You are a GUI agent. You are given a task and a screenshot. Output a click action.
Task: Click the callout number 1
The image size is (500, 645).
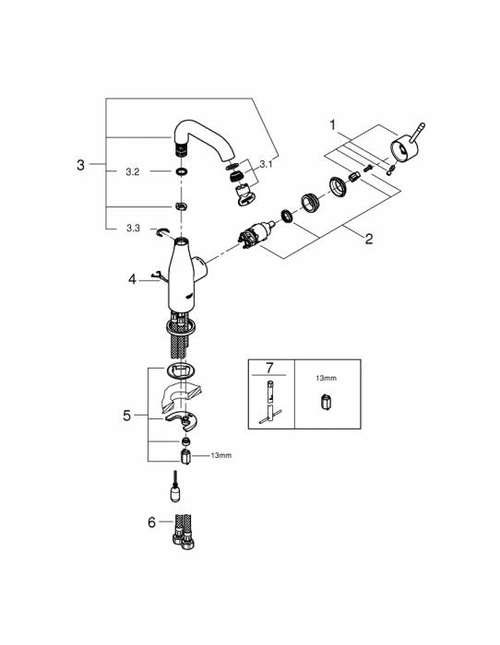pyautogui.click(x=333, y=124)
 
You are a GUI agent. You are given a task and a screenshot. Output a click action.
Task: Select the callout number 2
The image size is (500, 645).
pyautogui.click(x=369, y=238)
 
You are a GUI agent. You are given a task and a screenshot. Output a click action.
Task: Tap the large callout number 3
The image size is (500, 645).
pyautogui.click(x=81, y=165)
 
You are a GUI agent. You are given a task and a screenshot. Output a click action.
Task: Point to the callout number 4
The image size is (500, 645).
pyautogui.click(x=132, y=280)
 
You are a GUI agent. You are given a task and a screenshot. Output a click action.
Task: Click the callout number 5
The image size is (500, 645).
pyautogui.click(x=127, y=416)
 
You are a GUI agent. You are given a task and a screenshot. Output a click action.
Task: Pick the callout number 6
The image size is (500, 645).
pyautogui.click(x=152, y=522)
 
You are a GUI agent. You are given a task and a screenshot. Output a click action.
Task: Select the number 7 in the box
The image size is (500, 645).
pyautogui.click(x=269, y=368)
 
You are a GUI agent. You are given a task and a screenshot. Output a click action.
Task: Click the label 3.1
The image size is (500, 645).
pyautogui.click(x=266, y=165)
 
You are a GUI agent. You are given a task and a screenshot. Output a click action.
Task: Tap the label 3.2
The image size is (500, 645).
pyautogui.click(x=133, y=172)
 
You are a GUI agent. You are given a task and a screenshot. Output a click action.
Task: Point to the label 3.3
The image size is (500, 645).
pyautogui.click(x=133, y=228)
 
